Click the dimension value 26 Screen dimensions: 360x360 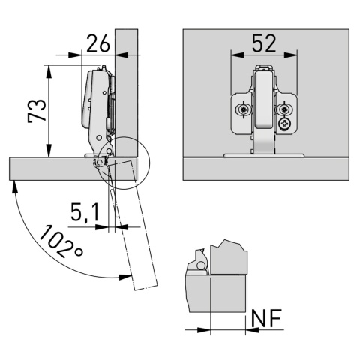(x=98, y=43)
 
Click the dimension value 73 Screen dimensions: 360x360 (x=37, y=111)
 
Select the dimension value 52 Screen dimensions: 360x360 (x=264, y=43)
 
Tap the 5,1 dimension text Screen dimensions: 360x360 (x=85, y=212)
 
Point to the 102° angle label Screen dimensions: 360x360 (x=61, y=241)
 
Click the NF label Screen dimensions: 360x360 (x=266, y=318)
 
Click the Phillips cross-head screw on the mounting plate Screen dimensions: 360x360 (x=284, y=124)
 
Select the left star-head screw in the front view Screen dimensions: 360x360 (x=242, y=109)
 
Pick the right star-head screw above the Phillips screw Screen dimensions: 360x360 (x=283, y=109)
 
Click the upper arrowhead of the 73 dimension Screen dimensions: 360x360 (x=49, y=71)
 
